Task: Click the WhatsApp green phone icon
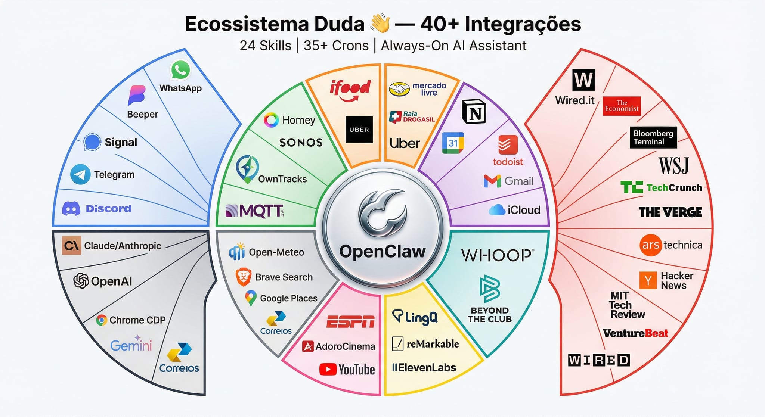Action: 180,70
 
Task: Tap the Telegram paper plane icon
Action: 80,174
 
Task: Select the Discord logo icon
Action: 71,209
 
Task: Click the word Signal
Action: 121,142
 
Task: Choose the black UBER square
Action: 359,130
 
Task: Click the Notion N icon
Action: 474,112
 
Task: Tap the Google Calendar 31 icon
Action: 453,143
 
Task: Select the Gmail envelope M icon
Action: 492,181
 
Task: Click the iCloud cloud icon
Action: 497,210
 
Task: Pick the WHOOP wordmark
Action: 497,255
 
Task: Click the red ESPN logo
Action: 350,322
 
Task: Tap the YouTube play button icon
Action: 328,370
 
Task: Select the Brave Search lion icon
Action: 244,277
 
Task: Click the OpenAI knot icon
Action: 81,281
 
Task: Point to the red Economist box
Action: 622,106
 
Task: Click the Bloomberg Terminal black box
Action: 653,137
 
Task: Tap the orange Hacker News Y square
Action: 648,280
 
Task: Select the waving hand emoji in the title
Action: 380,24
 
